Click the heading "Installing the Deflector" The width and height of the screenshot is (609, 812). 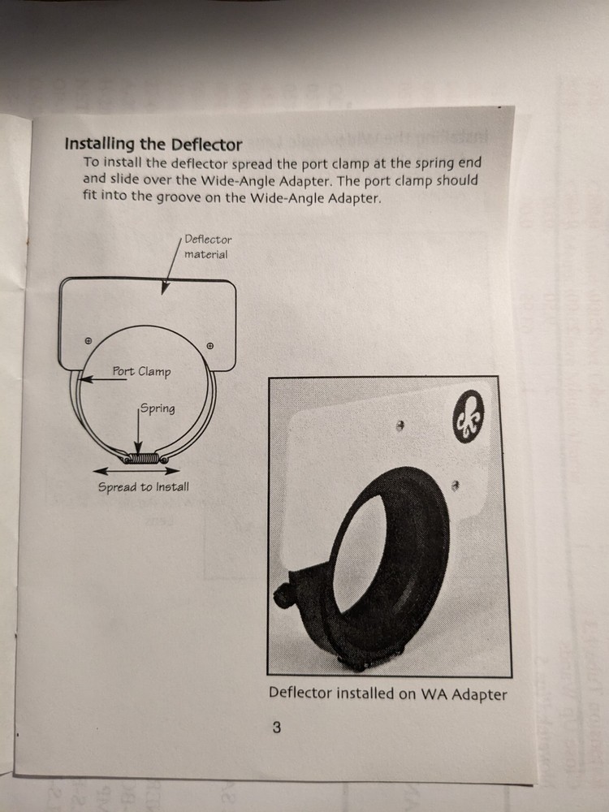click(x=153, y=145)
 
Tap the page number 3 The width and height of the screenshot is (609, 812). click(x=276, y=728)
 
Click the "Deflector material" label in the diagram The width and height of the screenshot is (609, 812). click(x=207, y=247)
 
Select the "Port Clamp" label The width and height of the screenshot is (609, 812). click(x=141, y=372)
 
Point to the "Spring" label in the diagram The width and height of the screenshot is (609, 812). click(x=158, y=408)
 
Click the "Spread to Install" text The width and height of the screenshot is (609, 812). click(x=143, y=487)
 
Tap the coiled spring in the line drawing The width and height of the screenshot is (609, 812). click(x=143, y=460)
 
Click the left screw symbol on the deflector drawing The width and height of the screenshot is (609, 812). click(x=88, y=340)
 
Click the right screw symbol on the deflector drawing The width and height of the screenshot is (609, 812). click(x=209, y=346)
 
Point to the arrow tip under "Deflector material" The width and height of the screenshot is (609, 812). click(x=165, y=291)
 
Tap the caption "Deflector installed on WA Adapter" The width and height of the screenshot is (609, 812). click(x=387, y=694)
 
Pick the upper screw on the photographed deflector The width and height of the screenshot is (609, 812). click(x=400, y=425)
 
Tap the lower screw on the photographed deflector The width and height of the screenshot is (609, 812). click(x=456, y=485)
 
